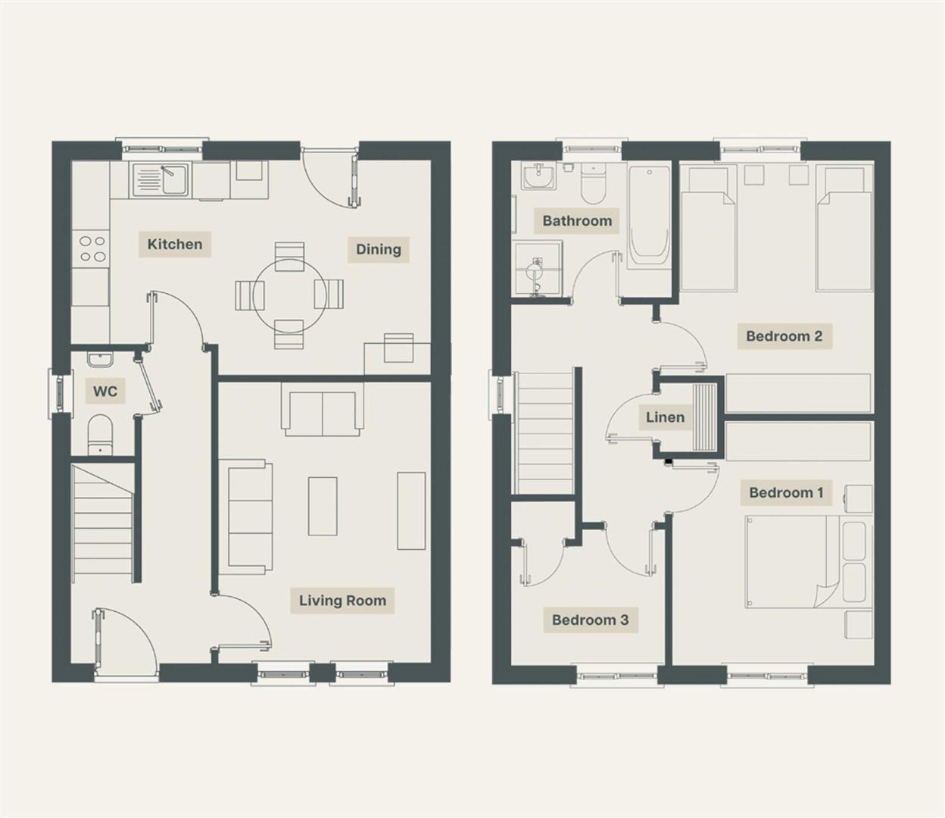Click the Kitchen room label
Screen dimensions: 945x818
point(175,244)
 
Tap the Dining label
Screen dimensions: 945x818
point(378,249)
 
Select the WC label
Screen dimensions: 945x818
point(105,391)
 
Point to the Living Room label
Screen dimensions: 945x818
point(342,600)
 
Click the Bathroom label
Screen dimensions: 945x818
point(577,221)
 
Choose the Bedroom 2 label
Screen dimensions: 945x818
point(784,336)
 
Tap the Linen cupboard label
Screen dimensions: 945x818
point(665,417)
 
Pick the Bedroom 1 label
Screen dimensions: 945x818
point(786,492)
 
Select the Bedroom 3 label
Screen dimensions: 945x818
point(590,620)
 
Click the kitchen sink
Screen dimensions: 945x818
point(161,180)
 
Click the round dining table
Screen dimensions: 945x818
point(290,296)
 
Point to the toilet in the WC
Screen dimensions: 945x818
point(100,435)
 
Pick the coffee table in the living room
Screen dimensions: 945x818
point(323,506)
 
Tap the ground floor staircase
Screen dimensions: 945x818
point(102,523)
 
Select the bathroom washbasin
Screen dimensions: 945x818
point(538,177)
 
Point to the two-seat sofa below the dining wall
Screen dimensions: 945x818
point(323,414)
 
